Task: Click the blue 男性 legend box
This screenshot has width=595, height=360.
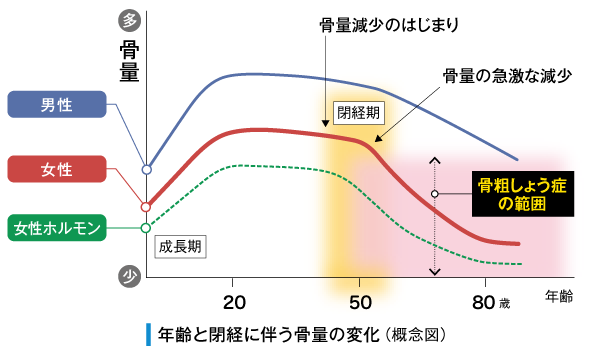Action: (x=55, y=104)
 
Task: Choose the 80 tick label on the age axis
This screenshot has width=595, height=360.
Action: (x=484, y=303)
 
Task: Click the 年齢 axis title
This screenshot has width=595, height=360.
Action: (x=559, y=297)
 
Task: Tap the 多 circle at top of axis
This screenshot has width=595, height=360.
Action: (x=128, y=19)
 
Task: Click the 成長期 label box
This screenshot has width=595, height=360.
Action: (x=180, y=245)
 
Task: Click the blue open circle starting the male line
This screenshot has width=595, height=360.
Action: (x=146, y=170)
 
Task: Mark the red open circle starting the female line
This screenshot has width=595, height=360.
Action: (x=146, y=207)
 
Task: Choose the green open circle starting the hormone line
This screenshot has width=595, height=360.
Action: (x=146, y=228)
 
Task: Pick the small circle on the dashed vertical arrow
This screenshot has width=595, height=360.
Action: (x=435, y=194)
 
